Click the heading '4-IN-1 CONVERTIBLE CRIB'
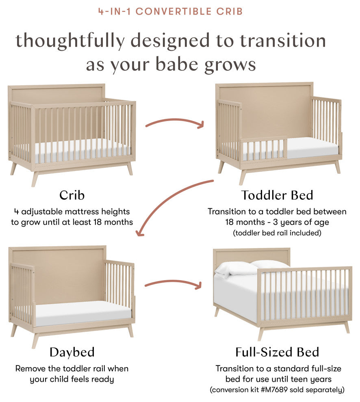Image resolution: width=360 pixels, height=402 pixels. pyautogui.click(x=171, y=11)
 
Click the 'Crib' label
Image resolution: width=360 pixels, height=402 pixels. pyautogui.click(x=72, y=195)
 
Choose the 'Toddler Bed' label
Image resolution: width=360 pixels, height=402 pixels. pyautogui.click(x=277, y=195)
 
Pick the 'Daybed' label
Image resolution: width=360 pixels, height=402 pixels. pyautogui.click(x=72, y=352)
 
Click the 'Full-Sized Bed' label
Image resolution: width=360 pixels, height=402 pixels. pyautogui.click(x=277, y=352)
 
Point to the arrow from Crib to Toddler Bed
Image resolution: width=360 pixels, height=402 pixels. pyautogui.click(x=175, y=123)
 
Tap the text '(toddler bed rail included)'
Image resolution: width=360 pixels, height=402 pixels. pyautogui.click(x=277, y=233)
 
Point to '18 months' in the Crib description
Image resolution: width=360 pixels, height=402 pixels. pyautogui.click(x=113, y=222)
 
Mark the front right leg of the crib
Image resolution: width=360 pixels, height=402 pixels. pyautogui.click(x=130, y=169)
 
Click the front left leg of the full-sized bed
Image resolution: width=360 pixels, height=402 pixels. pyautogui.click(x=260, y=334)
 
